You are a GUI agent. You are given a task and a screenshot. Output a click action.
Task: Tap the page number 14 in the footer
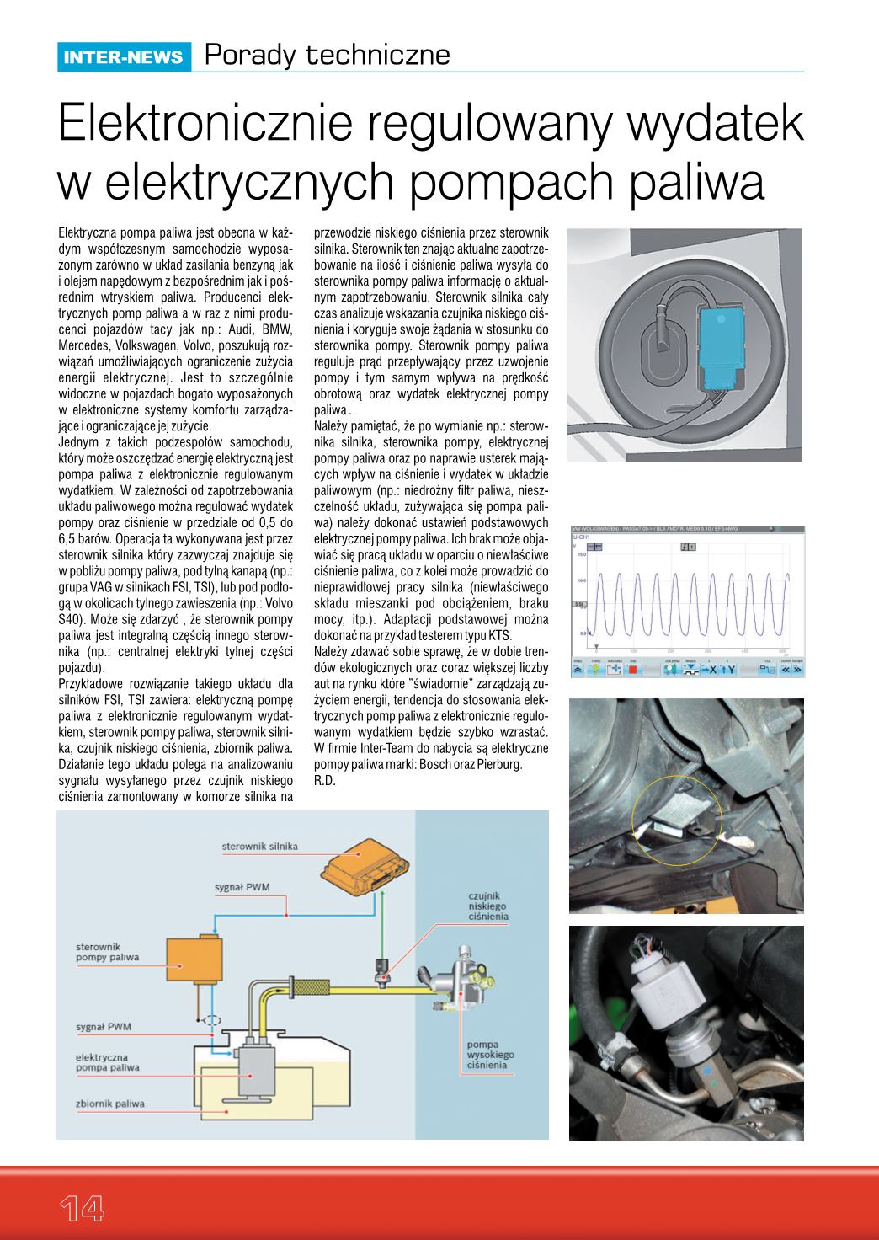81,1208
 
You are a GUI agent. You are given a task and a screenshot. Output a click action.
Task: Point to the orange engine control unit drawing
363,863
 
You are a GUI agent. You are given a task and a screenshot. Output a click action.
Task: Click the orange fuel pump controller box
194,959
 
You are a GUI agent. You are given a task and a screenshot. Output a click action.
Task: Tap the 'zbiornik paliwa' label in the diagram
109,1104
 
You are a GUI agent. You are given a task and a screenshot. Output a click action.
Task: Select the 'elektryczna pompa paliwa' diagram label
101,1062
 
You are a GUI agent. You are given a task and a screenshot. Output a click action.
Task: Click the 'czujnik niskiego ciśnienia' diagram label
489,906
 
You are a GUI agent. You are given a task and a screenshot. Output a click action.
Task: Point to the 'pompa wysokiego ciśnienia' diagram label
490,1055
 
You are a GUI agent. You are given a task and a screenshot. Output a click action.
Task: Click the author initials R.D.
324,781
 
